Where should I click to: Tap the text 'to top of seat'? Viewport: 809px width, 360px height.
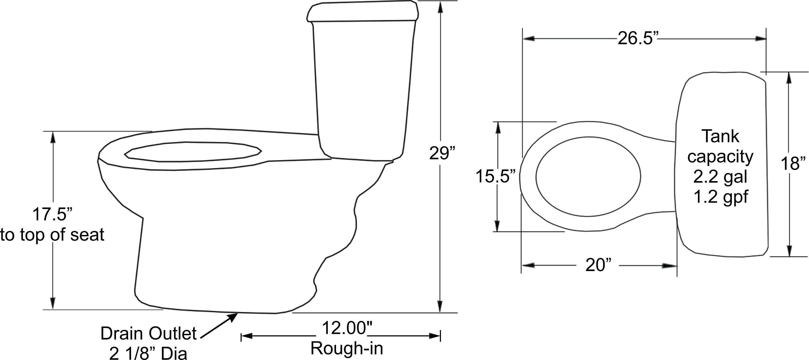tap(52, 235)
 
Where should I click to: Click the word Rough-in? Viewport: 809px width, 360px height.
tap(347, 348)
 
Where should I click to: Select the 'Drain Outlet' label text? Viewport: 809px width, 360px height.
tap(148, 333)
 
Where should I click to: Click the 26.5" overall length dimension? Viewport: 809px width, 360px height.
tap(637, 39)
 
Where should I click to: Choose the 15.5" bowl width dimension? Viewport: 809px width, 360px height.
tap(496, 176)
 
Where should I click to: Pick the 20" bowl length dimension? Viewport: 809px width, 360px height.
tap(599, 265)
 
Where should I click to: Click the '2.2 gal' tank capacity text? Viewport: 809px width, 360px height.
tap(720, 177)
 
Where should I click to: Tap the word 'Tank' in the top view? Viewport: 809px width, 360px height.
tap(720, 137)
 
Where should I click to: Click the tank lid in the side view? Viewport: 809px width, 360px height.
tap(363, 12)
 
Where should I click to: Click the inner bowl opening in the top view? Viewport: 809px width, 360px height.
tap(588, 177)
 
